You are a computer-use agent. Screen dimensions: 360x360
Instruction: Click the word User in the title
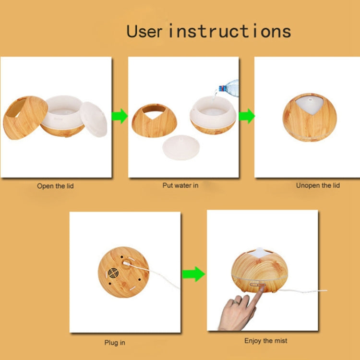click(144, 31)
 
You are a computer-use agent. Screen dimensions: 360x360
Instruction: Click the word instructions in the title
click(230, 31)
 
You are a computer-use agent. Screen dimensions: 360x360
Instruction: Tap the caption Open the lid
click(55, 186)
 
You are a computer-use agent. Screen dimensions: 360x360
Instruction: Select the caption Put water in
click(180, 185)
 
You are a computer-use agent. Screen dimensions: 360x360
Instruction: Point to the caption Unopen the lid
click(318, 185)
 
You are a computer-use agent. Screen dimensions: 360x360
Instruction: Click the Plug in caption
click(115, 343)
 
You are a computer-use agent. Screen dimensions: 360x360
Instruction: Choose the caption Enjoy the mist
click(265, 341)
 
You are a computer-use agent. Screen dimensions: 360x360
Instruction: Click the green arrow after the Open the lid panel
click(120, 116)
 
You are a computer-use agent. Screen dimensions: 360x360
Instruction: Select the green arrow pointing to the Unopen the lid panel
click(247, 116)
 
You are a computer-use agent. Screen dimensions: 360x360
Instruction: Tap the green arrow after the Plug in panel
click(193, 274)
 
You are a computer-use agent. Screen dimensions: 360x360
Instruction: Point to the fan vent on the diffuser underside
click(113, 273)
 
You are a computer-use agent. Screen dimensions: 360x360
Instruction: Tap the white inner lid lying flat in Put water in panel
click(181, 148)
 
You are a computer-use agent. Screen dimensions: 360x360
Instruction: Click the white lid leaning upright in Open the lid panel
click(94, 120)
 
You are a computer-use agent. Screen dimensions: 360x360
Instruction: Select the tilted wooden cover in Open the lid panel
click(25, 118)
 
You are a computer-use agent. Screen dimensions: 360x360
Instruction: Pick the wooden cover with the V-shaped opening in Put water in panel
click(154, 120)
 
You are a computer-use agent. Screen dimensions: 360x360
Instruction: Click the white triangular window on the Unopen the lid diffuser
click(310, 105)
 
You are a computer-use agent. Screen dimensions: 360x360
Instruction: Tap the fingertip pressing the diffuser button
click(261, 289)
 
